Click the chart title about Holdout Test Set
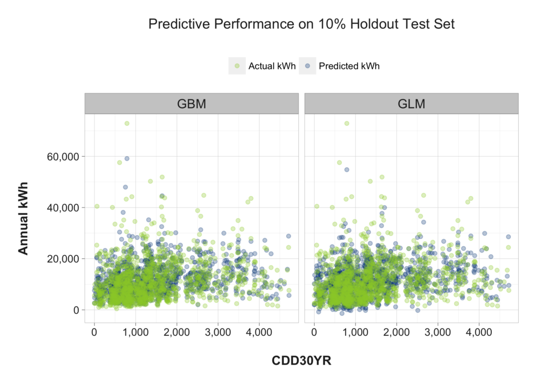tap(301, 24)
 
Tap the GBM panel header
tap(191, 103)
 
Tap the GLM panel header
tap(411, 103)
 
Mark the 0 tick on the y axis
tap(76, 310)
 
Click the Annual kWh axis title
tap(23, 218)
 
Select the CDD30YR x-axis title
tap(302, 360)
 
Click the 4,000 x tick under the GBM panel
tap(259, 332)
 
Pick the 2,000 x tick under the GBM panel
tap(176, 332)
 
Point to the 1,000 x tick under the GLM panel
tap(355, 332)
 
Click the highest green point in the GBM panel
tap(126, 124)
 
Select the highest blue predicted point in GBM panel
tap(126, 158)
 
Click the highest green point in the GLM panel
tap(347, 124)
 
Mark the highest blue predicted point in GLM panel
tap(347, 170)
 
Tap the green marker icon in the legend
tap(237, 66)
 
